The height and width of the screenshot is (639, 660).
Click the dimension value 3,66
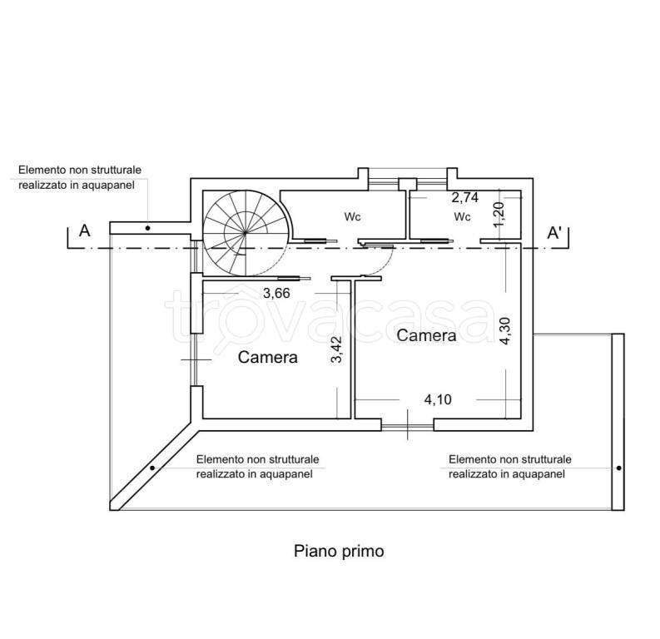tap(276, 293)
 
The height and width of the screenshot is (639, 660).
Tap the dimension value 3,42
tap(337, 349)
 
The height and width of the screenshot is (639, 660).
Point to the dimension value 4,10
tap(438, 399)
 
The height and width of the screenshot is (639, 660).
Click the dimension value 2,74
tap(465, 197)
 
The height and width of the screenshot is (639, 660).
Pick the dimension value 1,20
tap(499, 214)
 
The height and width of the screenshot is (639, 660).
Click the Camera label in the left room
tap(268, 357)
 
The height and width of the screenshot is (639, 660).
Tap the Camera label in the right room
tap(426, 335)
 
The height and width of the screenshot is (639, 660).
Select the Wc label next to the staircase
tap(352, 216)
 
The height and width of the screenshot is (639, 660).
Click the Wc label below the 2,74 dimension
tap(462, 216)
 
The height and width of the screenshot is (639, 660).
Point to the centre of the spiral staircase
tap(246, 232)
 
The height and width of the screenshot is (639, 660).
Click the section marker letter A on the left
tap(85, 231)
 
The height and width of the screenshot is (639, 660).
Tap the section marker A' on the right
tap(555, 233)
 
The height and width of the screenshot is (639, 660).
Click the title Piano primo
tap(339, 551)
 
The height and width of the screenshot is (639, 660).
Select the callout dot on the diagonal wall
tap(152, 468)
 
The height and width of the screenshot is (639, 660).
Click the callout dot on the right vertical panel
tap(618, 468)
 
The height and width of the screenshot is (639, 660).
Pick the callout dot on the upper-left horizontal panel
tap(148, 228)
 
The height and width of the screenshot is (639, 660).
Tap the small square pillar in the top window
tap(408, 184)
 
